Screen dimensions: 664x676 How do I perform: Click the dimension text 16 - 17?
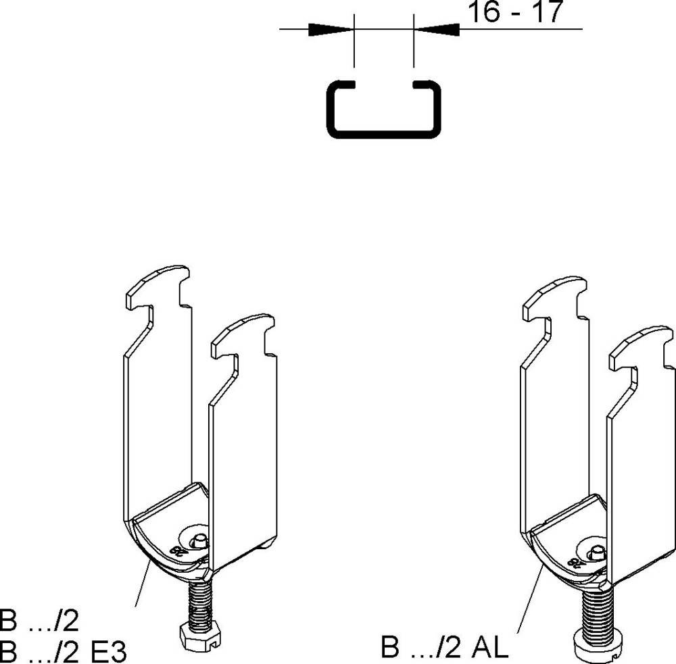coord(516,13)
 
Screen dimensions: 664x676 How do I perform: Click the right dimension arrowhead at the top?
coord(436,30)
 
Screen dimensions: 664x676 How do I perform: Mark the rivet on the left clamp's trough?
coord(199,540)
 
